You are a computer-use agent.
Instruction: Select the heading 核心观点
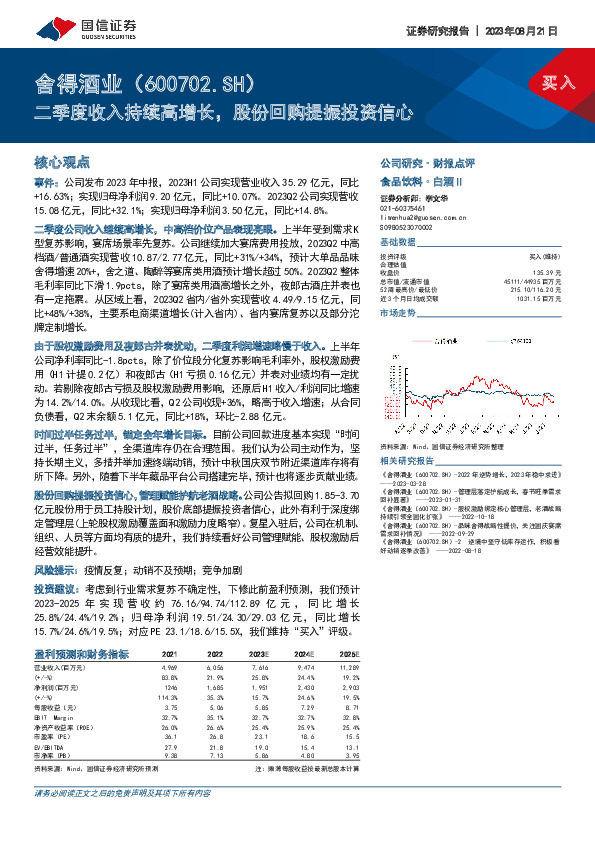pos(62,161)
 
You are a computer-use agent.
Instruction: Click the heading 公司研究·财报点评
pos(420,161)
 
